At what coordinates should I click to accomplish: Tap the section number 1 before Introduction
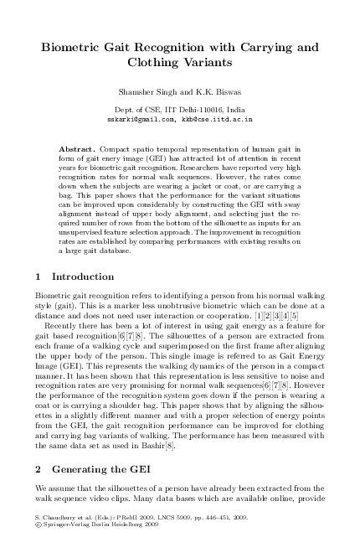(38, 276)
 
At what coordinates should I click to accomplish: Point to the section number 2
(38, 467)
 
